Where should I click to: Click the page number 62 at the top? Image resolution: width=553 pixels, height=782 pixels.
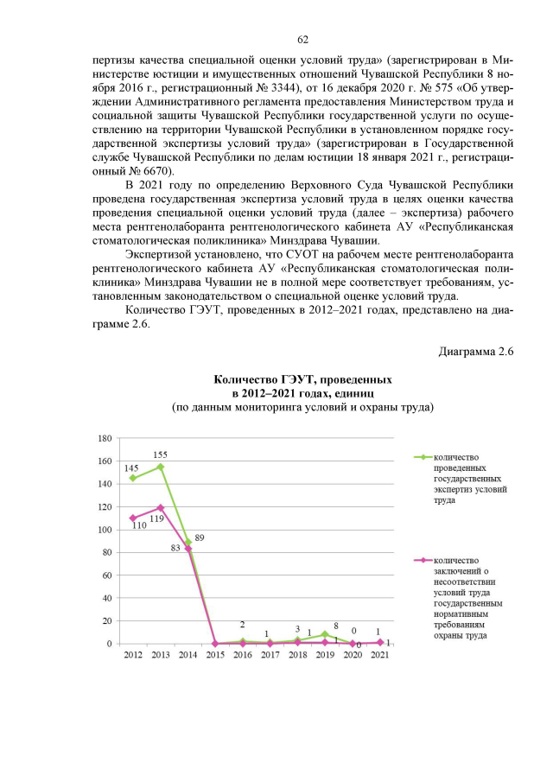(x=303, y=40)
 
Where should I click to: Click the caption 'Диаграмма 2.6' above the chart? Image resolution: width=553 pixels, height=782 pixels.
(x=476, y=352)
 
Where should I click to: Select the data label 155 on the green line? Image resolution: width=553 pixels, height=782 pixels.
(x=160, y=455)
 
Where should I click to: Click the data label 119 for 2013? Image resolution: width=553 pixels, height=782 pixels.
(x=156, y=519)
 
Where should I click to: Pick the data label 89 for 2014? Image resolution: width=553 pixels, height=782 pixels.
(x=200, y=537)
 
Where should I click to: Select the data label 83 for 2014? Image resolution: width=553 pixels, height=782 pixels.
(x=175, y=548)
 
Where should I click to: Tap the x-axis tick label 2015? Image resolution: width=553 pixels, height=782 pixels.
(x=215, y=657)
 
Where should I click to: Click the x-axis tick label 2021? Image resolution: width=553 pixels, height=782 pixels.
(x=379, y=657)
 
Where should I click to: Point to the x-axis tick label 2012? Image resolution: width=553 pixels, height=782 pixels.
(x=133, y=657)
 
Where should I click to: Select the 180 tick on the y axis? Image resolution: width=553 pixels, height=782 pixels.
(x=104, y=438)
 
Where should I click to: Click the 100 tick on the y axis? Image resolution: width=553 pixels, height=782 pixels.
(x=104, y=530)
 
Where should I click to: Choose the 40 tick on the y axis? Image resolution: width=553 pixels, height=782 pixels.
(x=106, y=598)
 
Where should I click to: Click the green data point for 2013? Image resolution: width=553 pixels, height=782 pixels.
(x=160, y=467)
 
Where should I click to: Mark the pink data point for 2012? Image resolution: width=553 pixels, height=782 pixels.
(x=133, y=518)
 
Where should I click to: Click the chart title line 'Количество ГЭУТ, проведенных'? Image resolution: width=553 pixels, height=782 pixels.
(x=302, y=379)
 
